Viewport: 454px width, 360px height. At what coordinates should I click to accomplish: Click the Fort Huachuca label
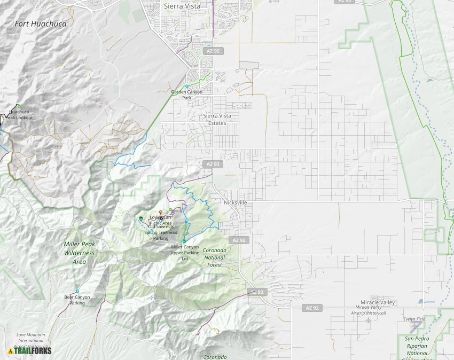click(x=36, y=24)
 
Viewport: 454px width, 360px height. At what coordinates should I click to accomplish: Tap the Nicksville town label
click(x=236, y=202)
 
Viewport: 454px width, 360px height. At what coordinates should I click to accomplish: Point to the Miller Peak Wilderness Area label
click(x=79, y=253)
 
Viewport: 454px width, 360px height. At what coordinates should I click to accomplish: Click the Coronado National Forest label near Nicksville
click(x=215, y=257)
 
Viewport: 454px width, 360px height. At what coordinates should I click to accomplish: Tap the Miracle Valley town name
click(x=377, y=302)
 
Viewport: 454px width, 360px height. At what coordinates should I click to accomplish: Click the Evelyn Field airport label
click(x=414, y=319)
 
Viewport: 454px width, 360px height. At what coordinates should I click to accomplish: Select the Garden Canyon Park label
click(x=187, y=95)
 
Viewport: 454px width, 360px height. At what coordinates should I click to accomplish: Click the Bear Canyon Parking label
click(x=77, y=300)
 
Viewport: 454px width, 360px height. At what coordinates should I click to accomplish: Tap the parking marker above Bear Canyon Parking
click(x=77, y=291)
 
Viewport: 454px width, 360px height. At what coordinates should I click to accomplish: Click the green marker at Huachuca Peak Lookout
click(x=19, y=106)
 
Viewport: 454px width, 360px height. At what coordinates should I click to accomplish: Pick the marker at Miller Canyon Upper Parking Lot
click(x=184, y=241)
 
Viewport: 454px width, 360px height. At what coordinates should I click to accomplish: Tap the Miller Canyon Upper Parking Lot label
click(x=185, y=253)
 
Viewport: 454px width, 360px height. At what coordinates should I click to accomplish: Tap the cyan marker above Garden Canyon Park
click(x=187, y=86)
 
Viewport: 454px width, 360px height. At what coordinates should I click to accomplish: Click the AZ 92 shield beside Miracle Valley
click(x=314, y=308)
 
